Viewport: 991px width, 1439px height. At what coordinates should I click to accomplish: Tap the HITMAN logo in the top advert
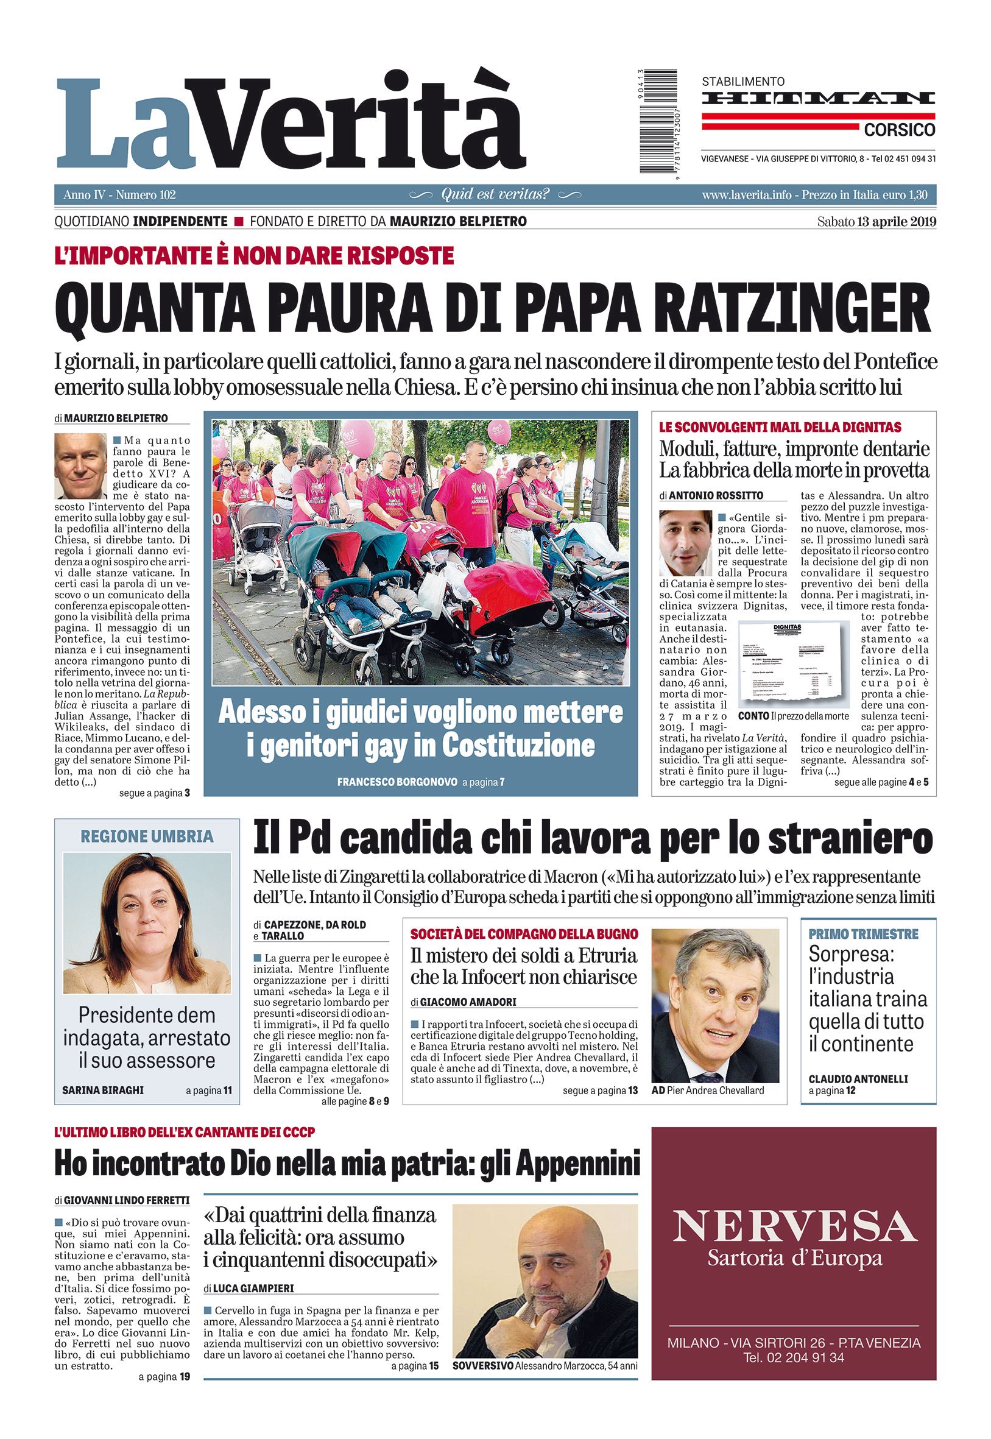[x=819, y=99]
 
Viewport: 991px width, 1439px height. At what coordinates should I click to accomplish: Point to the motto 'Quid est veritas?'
[x=495, y=194]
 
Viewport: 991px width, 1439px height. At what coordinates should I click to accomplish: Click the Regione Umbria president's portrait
[x=147, y=924]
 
